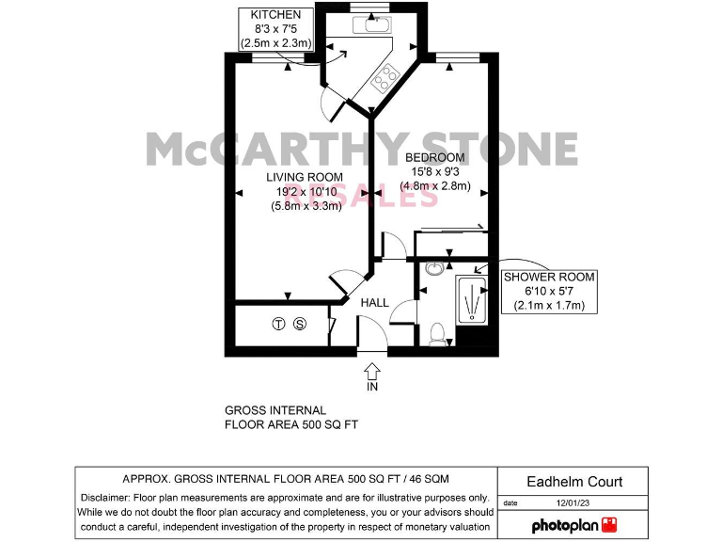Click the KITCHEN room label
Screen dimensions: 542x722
276,15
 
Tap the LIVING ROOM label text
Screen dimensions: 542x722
304,177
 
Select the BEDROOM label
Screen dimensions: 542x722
434,157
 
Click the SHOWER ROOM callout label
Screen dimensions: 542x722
550,277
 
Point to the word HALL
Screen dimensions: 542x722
375,303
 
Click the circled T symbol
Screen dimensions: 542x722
278,326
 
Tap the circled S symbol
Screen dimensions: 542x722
300,326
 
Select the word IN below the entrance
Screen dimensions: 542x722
371,386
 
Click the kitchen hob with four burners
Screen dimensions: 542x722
385,79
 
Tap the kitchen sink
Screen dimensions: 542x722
372,25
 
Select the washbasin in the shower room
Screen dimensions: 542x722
434,270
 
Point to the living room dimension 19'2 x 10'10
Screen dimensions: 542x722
304,192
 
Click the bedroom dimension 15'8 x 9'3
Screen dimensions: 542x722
434,171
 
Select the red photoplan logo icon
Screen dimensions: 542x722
611,523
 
